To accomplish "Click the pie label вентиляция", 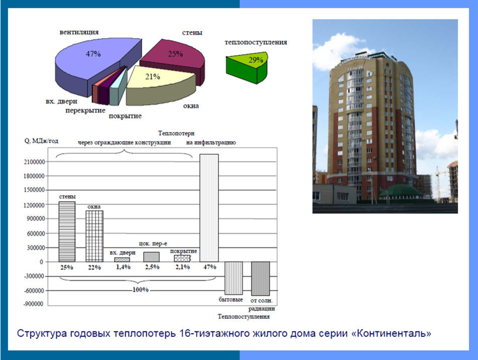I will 79,32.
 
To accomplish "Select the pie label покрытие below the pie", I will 125,116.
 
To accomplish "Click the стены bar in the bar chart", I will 67,231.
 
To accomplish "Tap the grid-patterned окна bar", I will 94,236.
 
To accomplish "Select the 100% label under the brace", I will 141,290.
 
